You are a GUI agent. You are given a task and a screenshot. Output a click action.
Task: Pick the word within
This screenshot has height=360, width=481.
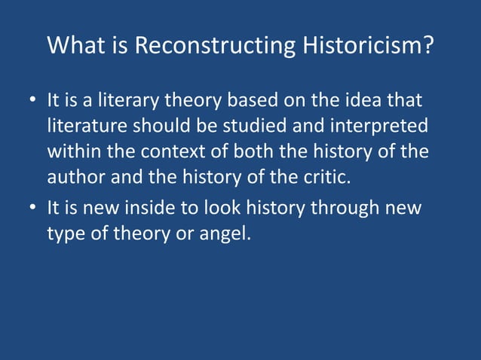pos(74,151)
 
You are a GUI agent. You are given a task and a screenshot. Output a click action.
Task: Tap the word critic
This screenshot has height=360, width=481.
pos(328,178)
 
